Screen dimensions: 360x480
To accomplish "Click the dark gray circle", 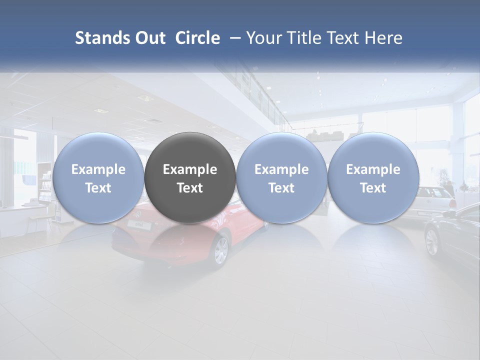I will (190, 177).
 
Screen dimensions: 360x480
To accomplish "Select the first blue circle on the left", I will (98, 177).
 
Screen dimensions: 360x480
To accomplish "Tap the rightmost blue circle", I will (373, 177).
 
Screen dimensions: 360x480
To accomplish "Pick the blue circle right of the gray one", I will (281, 177).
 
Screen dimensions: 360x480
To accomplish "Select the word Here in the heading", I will (383, 38).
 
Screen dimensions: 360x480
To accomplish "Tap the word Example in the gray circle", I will (190, 169).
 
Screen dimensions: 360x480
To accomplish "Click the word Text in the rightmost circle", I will (373, 188).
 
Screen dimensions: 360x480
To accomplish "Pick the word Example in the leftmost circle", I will (98, 169).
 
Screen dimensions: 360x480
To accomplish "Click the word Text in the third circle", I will (281, 188).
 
